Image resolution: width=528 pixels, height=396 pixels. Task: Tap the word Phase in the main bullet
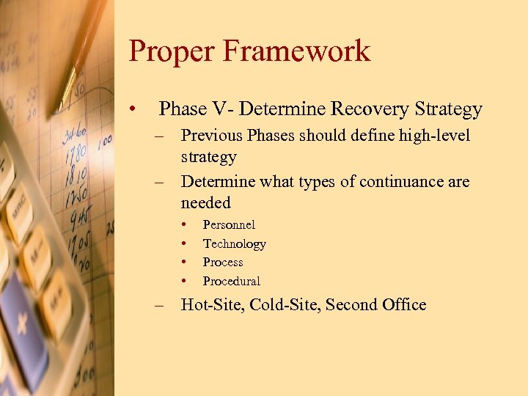tap(183, 109)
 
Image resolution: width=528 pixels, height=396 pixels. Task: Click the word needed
tap(205, 202)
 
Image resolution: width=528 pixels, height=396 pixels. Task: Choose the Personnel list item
tap(229, 224)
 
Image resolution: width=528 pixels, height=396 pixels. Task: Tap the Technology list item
tap(234, 243)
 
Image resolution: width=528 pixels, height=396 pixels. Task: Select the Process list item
tap(223, 262)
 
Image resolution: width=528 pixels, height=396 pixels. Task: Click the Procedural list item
tap(231, 281)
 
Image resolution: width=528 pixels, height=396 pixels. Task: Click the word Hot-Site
tap(213, 304)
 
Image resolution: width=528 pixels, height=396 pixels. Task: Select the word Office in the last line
tap(403, 304)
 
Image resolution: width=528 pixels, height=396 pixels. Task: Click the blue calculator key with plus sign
tap(21, 323)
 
